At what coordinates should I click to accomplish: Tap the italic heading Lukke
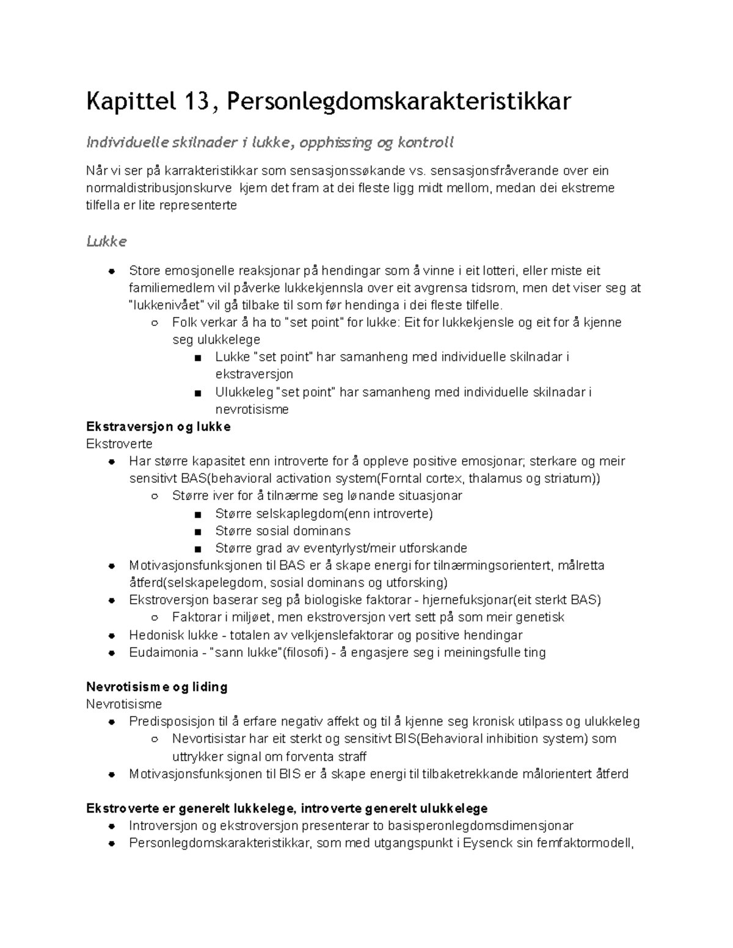pos(106,241)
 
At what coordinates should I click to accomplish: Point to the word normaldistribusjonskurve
pos(159,188)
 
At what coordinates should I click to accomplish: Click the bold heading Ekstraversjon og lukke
pos(158,427)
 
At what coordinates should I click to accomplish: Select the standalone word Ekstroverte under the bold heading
pos(119,444)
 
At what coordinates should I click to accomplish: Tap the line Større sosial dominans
pos(283,530)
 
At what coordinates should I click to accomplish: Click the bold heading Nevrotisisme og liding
pos(157,687)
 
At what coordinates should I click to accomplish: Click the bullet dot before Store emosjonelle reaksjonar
pos(111,270)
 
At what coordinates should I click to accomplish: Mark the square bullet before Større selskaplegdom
pos(197,514)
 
